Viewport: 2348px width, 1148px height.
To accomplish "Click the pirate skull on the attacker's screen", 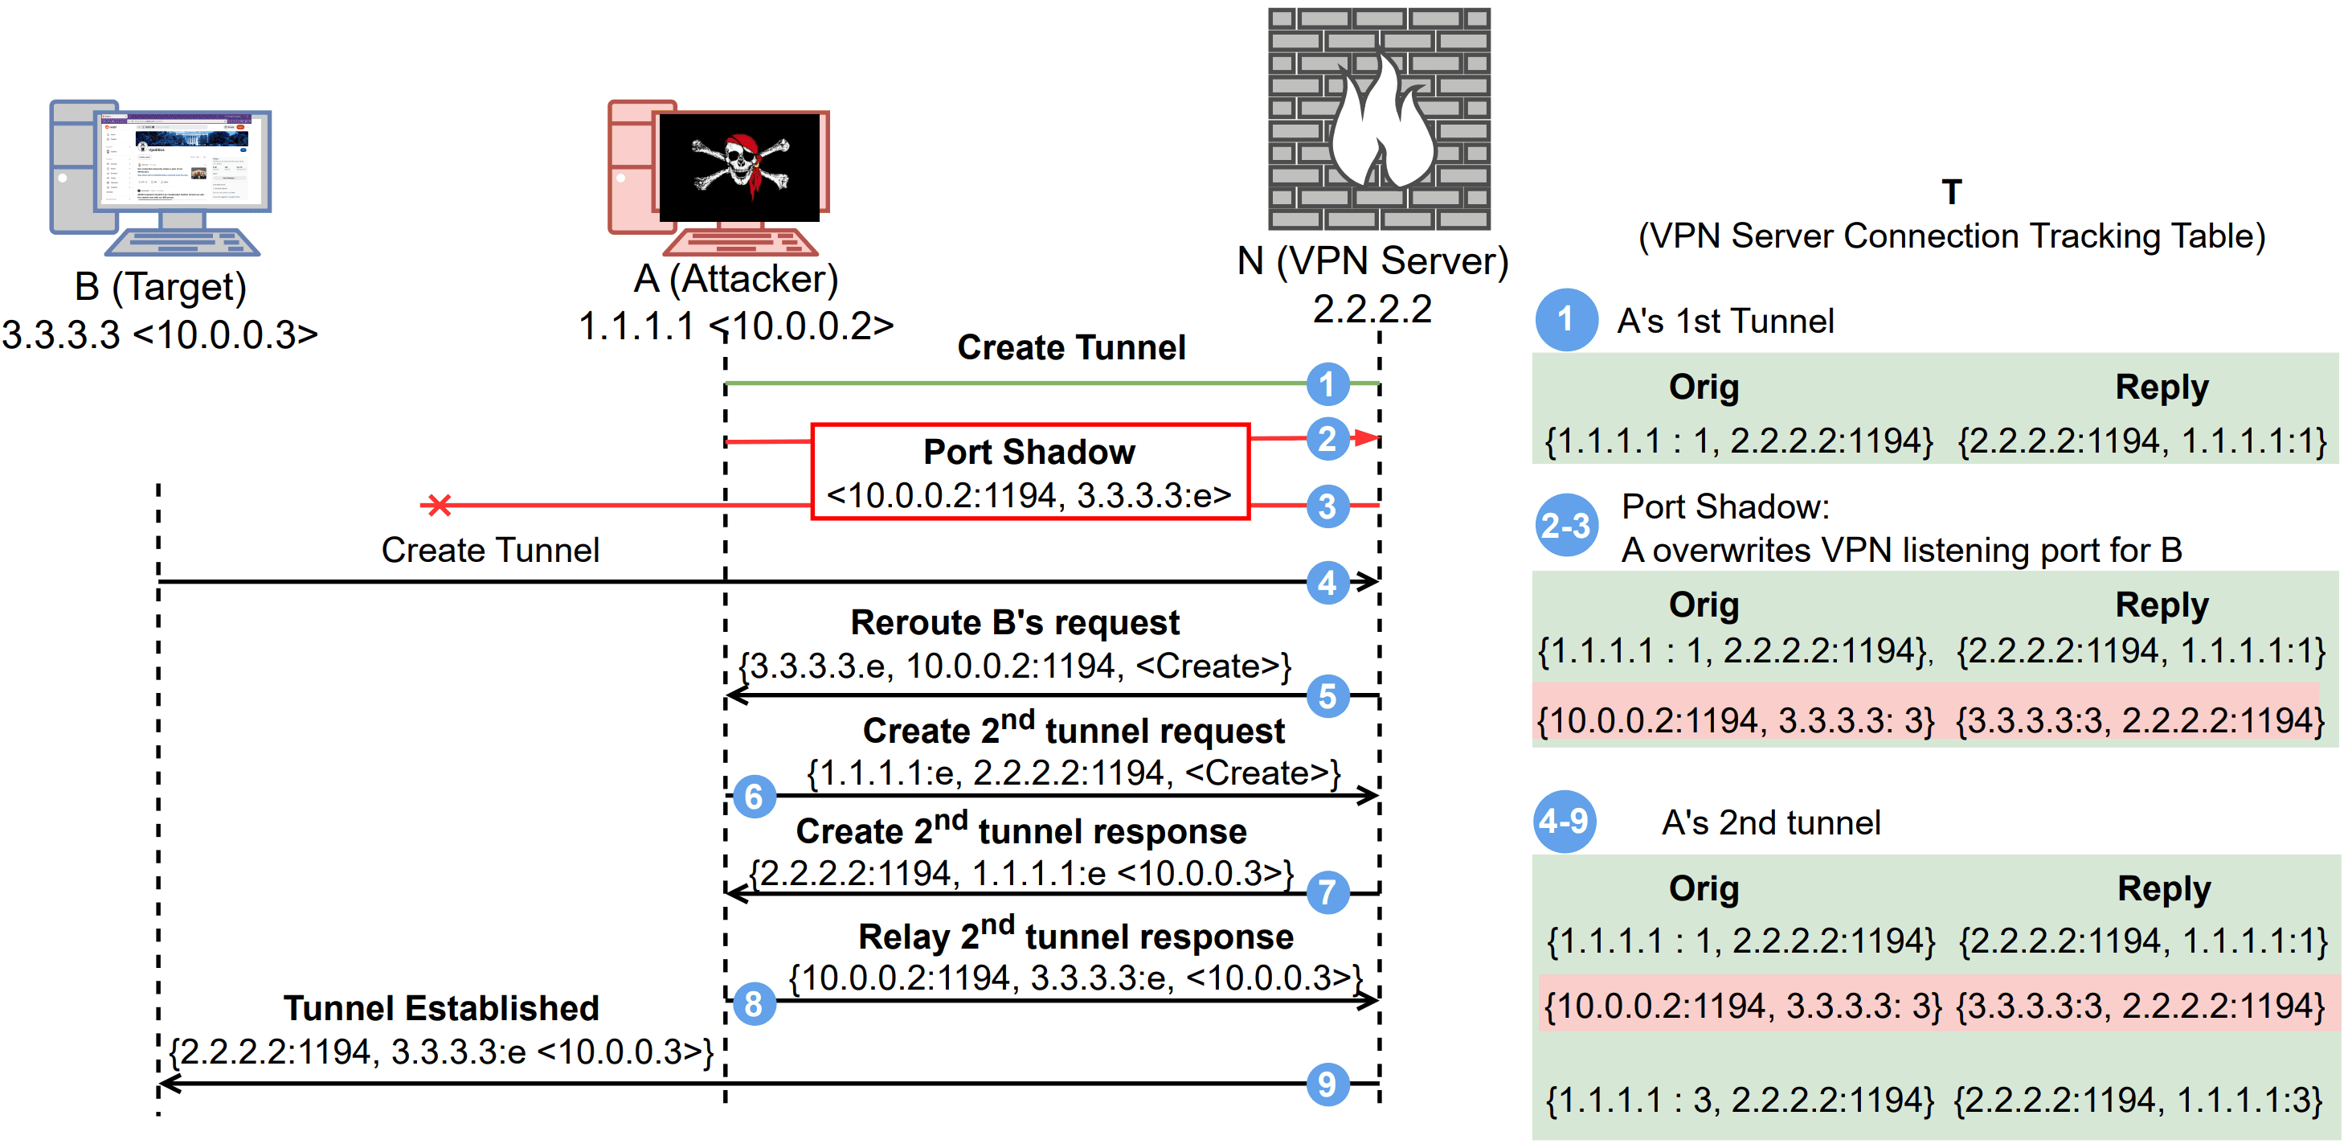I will pyautogui.click(x=740, y=164).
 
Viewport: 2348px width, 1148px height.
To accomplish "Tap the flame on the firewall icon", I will pyautogui.click(x=1381, y=123).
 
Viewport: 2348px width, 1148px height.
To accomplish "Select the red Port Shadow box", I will pyautogui.click(x=1030, y=471).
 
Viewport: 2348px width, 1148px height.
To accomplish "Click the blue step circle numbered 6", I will pyautogui.click(x=754, y=797).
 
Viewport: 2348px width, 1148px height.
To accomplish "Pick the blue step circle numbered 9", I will pyautogui.click(x=1327, y=1084).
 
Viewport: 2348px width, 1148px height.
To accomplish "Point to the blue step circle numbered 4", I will pyautogui.click(x=1327, y=582).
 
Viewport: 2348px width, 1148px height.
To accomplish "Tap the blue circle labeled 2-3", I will pyautogui.click(x=1565, y=525).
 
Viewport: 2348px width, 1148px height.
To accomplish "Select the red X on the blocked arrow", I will pyautogui.click(x=440, y=504).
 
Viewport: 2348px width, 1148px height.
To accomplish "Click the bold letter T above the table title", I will pyautogui.click(x=1950, y=192).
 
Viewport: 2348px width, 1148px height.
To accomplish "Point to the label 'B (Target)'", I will pyautogui.click(x=161, y=286).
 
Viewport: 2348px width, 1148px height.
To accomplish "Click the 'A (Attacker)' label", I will pyautogui.click(x=735, y=279).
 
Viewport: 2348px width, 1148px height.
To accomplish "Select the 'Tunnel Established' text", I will pyautogui.click(x=441, y=1008).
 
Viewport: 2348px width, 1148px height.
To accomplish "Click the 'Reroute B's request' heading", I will pyautogui.click(x=1014, y=623).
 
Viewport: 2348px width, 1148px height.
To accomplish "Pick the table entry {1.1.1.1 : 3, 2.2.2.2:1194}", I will pyautogui.click(x=1740, y=1101).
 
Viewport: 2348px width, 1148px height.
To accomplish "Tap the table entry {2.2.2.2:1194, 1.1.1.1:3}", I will pyautogui.click(x=2138, y=1101).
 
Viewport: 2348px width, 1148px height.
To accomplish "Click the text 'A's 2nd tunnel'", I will pyautogui.click(x=1771, y=822).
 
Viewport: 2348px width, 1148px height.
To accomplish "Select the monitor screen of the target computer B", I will pyautogui.click(x=182, y=162).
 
